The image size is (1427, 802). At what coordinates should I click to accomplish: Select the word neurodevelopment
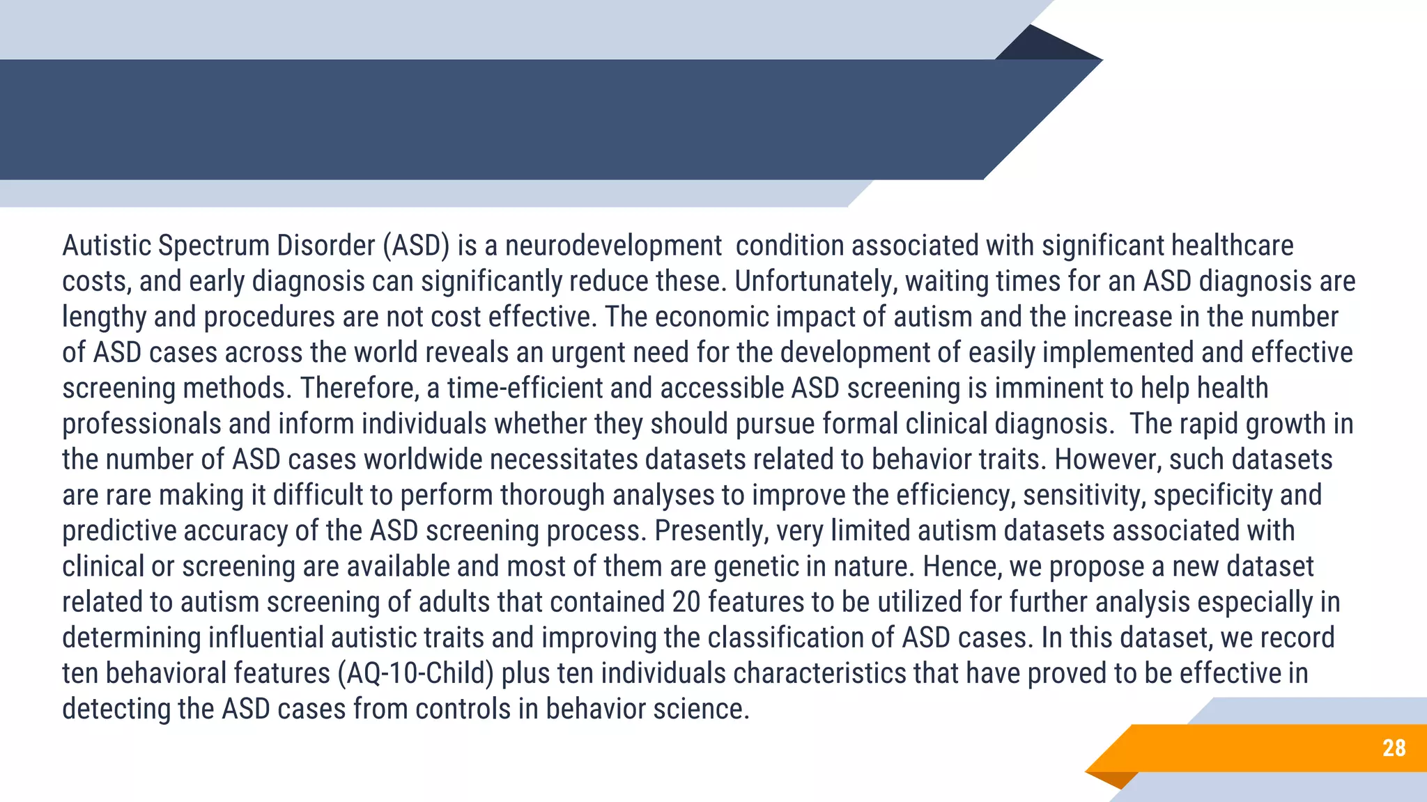click(x=613, y=246)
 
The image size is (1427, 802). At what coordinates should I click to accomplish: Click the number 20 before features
click(x=686, y=602)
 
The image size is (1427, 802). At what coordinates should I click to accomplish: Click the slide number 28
click(x=1394, y=748)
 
